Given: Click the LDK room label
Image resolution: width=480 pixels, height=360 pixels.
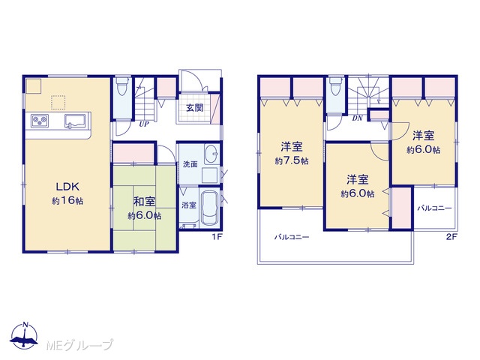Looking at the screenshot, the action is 67,186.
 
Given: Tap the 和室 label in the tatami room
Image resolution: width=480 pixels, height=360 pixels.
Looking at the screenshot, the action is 145,202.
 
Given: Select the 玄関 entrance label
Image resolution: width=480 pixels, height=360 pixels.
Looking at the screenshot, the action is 195,108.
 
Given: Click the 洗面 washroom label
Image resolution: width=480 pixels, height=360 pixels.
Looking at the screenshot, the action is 190,164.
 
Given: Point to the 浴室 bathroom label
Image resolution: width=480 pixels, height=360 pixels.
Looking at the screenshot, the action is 188,205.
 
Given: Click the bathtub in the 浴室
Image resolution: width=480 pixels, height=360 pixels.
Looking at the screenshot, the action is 210,208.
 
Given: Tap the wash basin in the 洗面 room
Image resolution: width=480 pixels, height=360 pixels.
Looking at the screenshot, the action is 211,153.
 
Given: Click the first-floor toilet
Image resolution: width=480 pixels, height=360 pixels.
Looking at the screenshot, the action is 123,86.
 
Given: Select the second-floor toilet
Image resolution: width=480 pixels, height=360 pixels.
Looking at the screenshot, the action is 335,86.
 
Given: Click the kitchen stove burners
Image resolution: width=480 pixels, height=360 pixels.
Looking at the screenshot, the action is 40,121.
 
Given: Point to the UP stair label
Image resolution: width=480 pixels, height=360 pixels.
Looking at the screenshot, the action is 144,124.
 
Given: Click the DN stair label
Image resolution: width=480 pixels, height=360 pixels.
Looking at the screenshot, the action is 357,118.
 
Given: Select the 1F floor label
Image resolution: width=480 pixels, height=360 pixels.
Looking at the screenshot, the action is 217,237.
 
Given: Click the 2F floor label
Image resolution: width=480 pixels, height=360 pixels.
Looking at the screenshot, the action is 451,237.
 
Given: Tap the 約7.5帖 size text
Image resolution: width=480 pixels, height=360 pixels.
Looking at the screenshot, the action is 292,161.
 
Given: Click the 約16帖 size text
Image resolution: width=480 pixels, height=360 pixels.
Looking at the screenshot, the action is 67,201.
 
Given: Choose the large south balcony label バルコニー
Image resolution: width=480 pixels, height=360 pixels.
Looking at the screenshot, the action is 292,237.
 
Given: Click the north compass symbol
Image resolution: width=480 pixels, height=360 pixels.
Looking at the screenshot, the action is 25,335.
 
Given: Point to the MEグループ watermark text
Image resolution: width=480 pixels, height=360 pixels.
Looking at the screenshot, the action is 79,345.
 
